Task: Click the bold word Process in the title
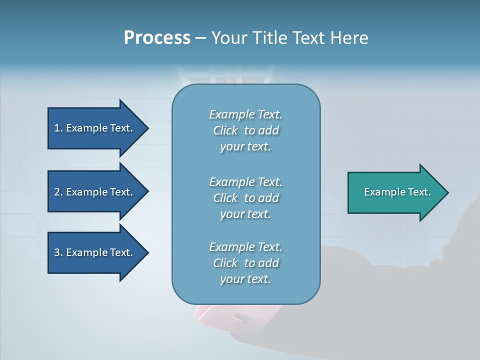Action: tap(157, 38)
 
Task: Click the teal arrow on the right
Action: tap(395, 192)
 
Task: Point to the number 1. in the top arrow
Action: tap(58, 128)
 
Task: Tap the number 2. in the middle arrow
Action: tap(58, 192)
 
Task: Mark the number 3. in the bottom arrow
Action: tap(58, 252)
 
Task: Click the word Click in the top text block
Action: tap(225, 130)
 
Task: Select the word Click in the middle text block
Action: tap(225, 198)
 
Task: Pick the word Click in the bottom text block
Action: tap(225, 263)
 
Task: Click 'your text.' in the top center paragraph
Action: tap(245, 147)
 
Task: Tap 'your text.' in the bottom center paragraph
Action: tap(245, 279)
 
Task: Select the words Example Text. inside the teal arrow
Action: tap(397, 192)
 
